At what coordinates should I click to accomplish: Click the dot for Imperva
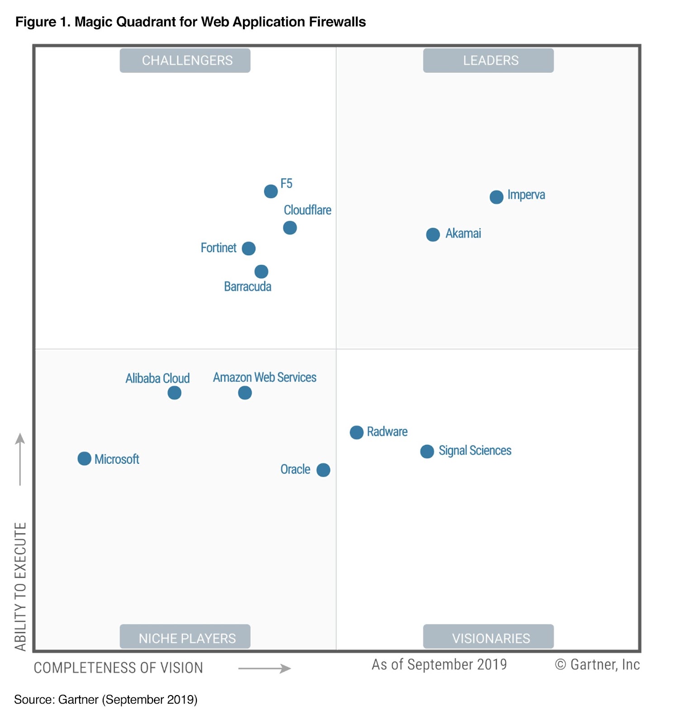coord(496,197)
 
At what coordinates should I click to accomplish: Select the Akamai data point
coord(433,234)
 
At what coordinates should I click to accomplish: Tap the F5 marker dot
coord(271,191)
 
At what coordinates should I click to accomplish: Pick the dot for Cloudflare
coord(290,228)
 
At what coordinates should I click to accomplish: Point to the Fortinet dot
coord(248,248)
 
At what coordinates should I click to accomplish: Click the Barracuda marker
coord(261,271)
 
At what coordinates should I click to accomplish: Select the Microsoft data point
coord(84,458)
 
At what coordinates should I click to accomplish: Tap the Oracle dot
coord(323,470)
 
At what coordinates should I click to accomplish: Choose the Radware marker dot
coord(357,433)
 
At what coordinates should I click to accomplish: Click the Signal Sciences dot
coord(427,451)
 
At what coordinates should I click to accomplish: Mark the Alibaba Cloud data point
coord(174,393)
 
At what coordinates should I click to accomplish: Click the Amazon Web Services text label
coord(265,377)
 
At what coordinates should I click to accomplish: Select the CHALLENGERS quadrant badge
coord(185,61)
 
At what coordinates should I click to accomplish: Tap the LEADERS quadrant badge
coord(488,61)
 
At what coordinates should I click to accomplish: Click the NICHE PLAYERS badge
coord(185,637)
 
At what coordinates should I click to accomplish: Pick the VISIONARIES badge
coord(488,637)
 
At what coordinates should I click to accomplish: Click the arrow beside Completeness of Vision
coord(265,668)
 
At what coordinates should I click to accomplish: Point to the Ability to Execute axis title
coord(20,586)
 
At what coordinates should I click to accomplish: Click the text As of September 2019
coord(439,664)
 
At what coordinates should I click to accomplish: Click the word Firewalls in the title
coord(337,22)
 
